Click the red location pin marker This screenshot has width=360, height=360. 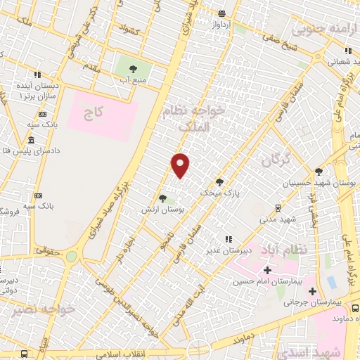tap(181, 165)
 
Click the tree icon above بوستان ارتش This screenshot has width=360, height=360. tap(162, 199)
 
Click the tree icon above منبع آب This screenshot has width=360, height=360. tap(132, 69)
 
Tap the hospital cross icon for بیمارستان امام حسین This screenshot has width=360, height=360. tap(267, 271)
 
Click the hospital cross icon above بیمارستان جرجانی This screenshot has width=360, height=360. tap(312, 291)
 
